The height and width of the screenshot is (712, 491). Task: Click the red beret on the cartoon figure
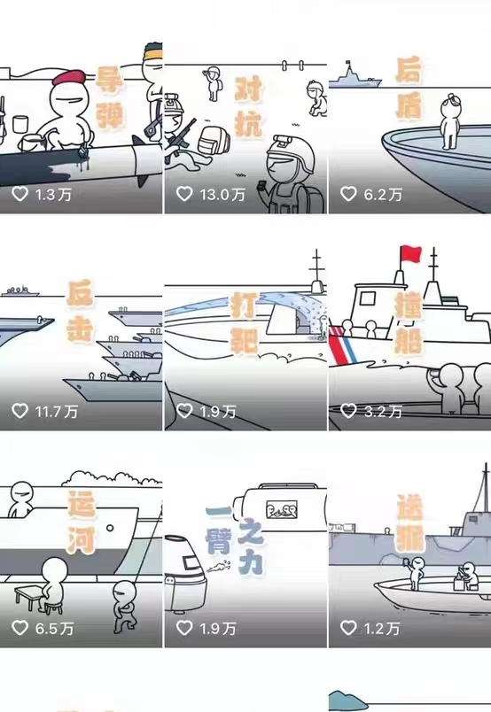click(x=69, y=77)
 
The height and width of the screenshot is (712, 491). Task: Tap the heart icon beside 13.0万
click(x=184, y=194)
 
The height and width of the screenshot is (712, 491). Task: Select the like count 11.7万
click(x=57, y=412)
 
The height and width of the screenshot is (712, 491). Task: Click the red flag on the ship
click(x=410, y=253)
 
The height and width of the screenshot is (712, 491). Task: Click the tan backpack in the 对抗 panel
click(x=214, y=139)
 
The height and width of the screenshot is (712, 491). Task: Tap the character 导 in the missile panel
click(x=109, y=80)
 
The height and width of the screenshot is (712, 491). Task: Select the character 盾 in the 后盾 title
click(x=409, y=105)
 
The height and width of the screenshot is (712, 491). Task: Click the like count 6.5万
click(x=55, y=629)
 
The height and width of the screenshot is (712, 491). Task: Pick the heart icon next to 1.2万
click(x=348, y=628)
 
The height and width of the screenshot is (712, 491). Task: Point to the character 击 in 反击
click(x=80, y=328)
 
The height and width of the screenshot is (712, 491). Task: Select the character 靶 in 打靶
click(x=245, y=339)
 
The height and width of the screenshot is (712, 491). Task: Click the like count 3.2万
click(x=383, y=412)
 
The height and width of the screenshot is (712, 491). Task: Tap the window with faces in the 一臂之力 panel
click(x=282, y=509)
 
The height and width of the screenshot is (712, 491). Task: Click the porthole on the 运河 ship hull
click(x=110, y=528)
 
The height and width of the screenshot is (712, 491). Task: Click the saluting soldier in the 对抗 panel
click(x=213, y=83)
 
